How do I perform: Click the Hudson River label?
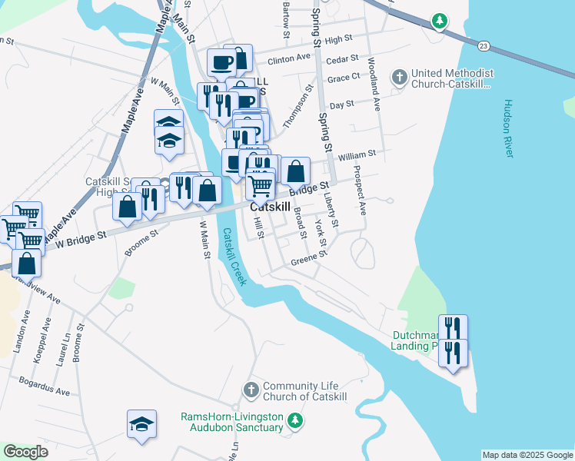[x=509, y=128]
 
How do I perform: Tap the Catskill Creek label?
[x=233, y=257]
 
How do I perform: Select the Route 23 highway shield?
[x=482, y=47]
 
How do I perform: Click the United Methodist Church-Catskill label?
[x=452, y=78]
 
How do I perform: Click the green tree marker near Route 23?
[x=439, y=21]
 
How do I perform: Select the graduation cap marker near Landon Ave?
[x=141, y=424]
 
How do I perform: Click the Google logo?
[x=25, y=452]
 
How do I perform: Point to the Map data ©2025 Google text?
[x=527, y=455]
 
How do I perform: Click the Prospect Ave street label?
[x=360, y=190]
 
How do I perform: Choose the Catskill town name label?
[x=270, y=207]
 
